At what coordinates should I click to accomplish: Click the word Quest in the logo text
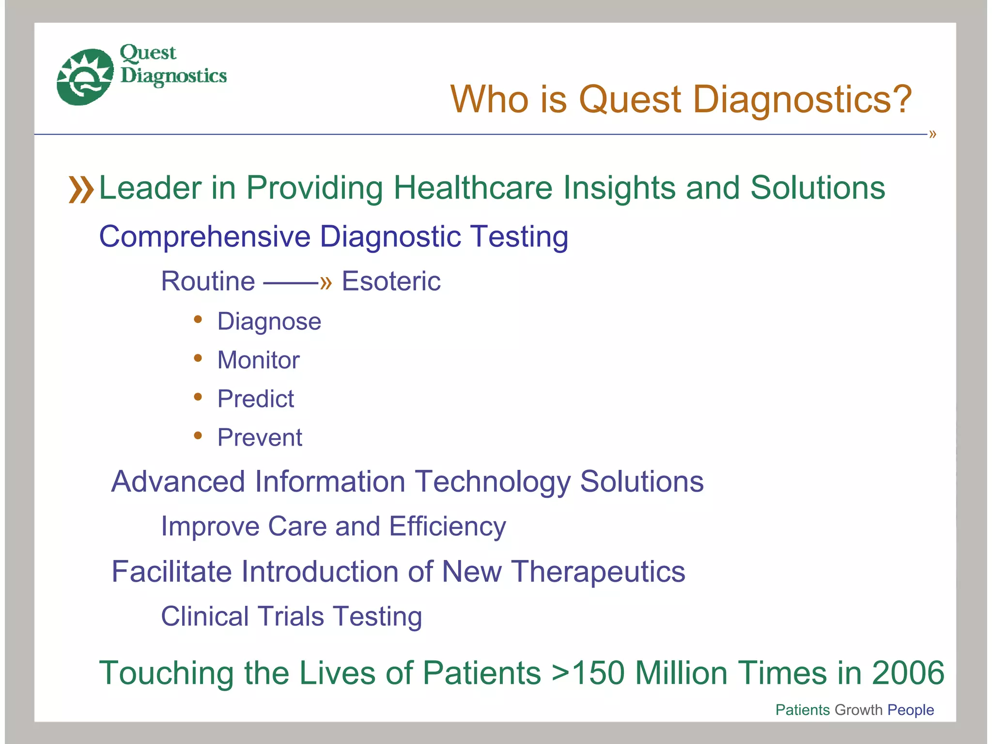(x=148, y=53)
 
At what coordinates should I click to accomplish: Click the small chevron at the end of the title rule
(x=932, y=134)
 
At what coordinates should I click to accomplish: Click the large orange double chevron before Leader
(x=81, y=189)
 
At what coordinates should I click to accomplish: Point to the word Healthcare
(x=472, y=188)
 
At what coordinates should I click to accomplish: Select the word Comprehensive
(x=204, y=237)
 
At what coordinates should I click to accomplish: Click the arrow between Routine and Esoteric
(x=297, y=282)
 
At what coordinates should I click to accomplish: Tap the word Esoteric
(x=391, y=281)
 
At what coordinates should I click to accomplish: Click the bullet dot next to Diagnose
(x=198, y=319)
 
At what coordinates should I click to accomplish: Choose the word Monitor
(x=258, y=360)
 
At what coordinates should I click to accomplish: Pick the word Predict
(x=255, y=399)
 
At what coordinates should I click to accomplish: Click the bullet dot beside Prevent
(x=198, y=435)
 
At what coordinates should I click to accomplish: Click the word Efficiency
(x=447, y=527)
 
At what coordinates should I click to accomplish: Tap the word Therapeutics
(x=598, y=572)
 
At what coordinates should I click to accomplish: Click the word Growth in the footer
(x=858, y=710)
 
